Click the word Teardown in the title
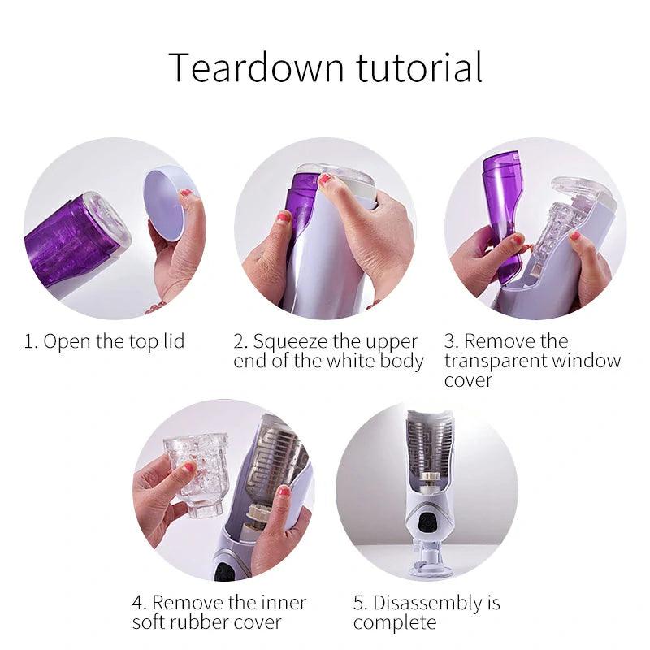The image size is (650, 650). (x=257, y=67)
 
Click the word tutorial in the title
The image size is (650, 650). (x=419, y=67)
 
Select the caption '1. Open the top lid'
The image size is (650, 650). (x=104, y=341)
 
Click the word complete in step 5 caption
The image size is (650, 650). (x=395, y=623)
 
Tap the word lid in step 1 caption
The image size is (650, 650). (x=172, y=340)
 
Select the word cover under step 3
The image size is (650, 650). (x=468, y=380)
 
